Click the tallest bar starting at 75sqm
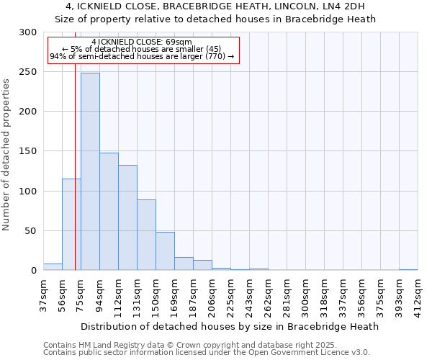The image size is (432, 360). click(x=90, y=171)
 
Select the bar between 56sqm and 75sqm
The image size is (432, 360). click(x=71, y=225)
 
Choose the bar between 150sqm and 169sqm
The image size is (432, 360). click(x=165, y=251)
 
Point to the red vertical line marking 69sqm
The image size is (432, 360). click(x=75, y=158)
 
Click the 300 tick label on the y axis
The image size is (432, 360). click(x=28, y=32)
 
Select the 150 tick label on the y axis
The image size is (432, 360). click(x=28, y=151)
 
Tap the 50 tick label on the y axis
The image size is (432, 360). click(x=31, y=231)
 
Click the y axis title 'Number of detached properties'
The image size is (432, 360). click(x=6, y=155)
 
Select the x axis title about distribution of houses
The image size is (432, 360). click(x=230, y=326)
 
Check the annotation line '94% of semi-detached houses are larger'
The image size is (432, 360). click(x=142, y=55)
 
